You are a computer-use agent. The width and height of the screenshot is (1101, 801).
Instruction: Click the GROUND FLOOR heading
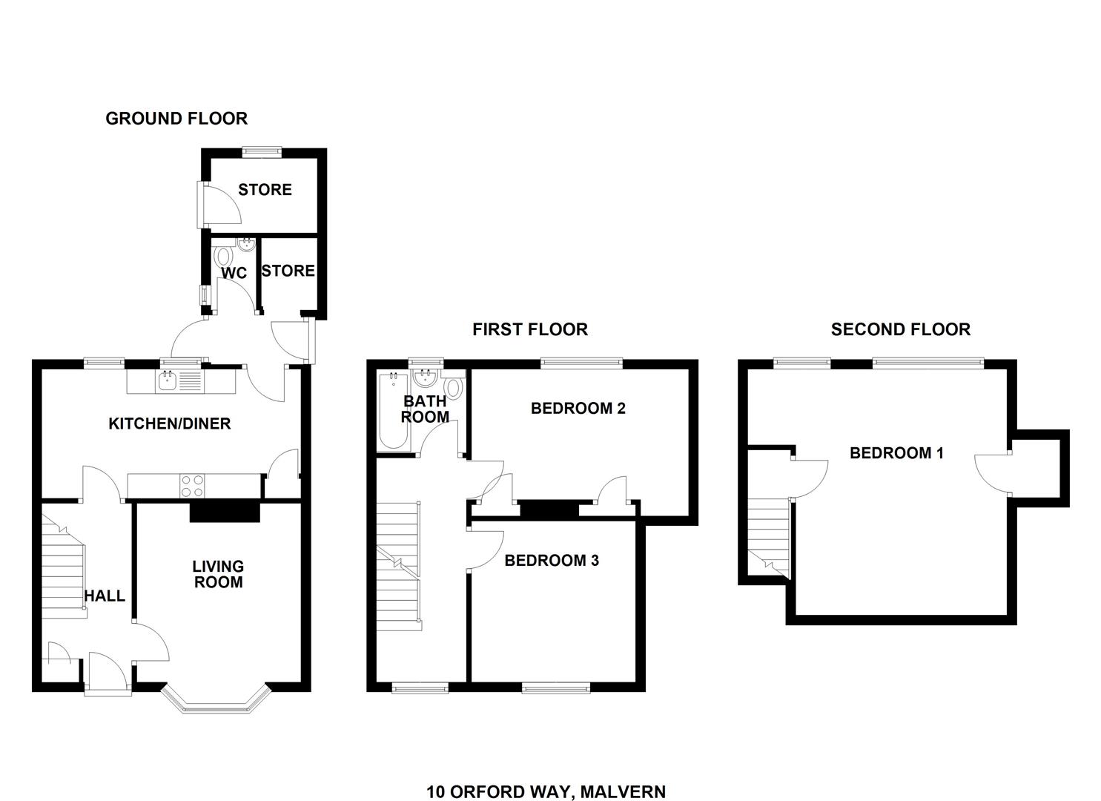click(x=176, y=119)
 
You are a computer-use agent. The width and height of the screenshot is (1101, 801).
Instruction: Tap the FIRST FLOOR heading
click(x=530, y=329)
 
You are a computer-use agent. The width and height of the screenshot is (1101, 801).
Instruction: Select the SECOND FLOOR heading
click(x=901, y=329)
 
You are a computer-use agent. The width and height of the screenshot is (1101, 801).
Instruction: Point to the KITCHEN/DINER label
click(x=170, y=423)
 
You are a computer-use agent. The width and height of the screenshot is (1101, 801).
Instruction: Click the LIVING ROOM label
click(x=218, y=574)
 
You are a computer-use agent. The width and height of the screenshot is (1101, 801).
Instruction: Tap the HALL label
click(x=105, y=596)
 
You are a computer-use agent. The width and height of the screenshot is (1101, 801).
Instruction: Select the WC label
click(x=234, y=273)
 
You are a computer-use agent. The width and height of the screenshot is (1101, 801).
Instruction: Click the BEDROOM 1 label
click(x=896, y=453)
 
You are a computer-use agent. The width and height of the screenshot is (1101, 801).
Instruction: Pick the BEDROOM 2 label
click(x=578, y=408)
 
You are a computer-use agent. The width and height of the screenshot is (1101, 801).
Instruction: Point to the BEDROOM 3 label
click(x=552, y=561)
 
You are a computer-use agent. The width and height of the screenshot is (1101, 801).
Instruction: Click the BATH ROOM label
click(x=425, y=409)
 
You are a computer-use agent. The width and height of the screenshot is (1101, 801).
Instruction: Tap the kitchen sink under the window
click(x=168, y=381)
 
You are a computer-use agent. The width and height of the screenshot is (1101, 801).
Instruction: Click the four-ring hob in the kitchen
click(x=192, y=486)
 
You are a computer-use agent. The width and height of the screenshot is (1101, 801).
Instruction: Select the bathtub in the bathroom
click(x=393, y=411)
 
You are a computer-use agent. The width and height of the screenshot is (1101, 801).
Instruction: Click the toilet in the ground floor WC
click(x=224, y=257)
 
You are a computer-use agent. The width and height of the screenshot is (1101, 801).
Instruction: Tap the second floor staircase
click(x=770, y=538)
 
